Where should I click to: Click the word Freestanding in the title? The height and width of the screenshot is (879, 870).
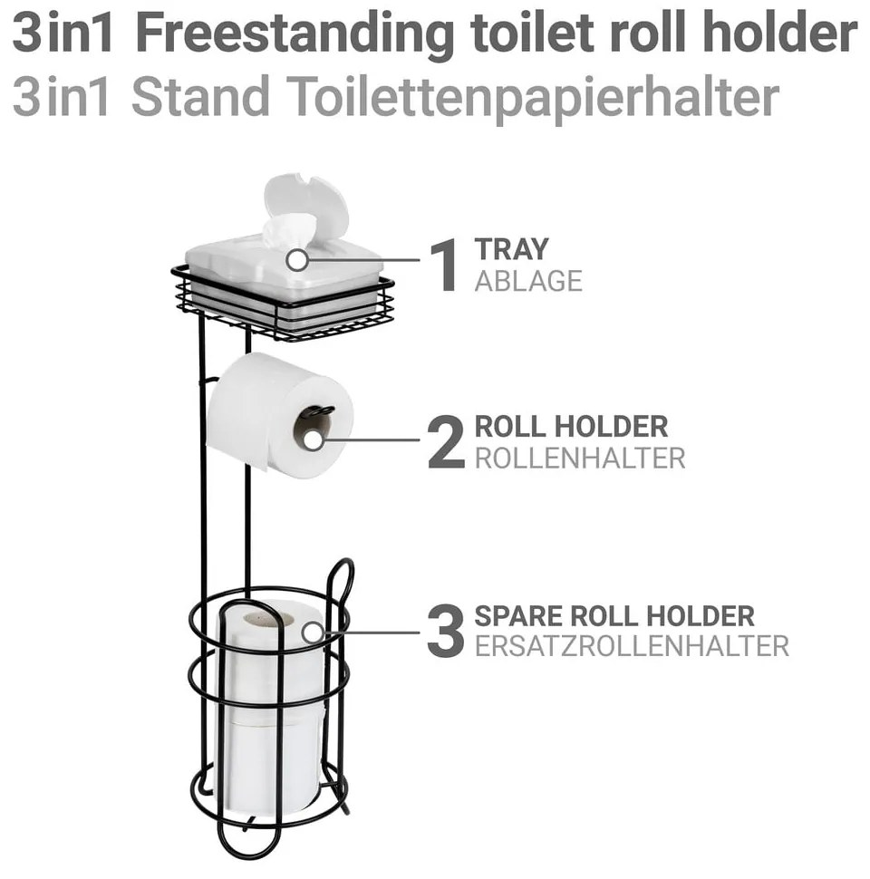coord(295,35)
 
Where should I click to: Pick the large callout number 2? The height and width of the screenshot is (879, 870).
coord(446,441)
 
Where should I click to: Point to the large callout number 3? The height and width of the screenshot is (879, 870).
coord(446,631)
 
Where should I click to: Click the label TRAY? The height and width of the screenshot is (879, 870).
coord(511,249)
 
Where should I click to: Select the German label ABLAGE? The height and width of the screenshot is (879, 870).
coord(528,281)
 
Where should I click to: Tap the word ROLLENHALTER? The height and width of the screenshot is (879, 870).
coord(580,459)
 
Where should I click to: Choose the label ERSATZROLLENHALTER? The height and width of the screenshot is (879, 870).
coord(632,646)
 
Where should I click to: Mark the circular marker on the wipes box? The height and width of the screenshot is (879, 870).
coord(297,260)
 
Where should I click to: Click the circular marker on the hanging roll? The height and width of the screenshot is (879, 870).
coord(314,440)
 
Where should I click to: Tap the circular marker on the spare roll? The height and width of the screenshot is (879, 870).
coord(313,633)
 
